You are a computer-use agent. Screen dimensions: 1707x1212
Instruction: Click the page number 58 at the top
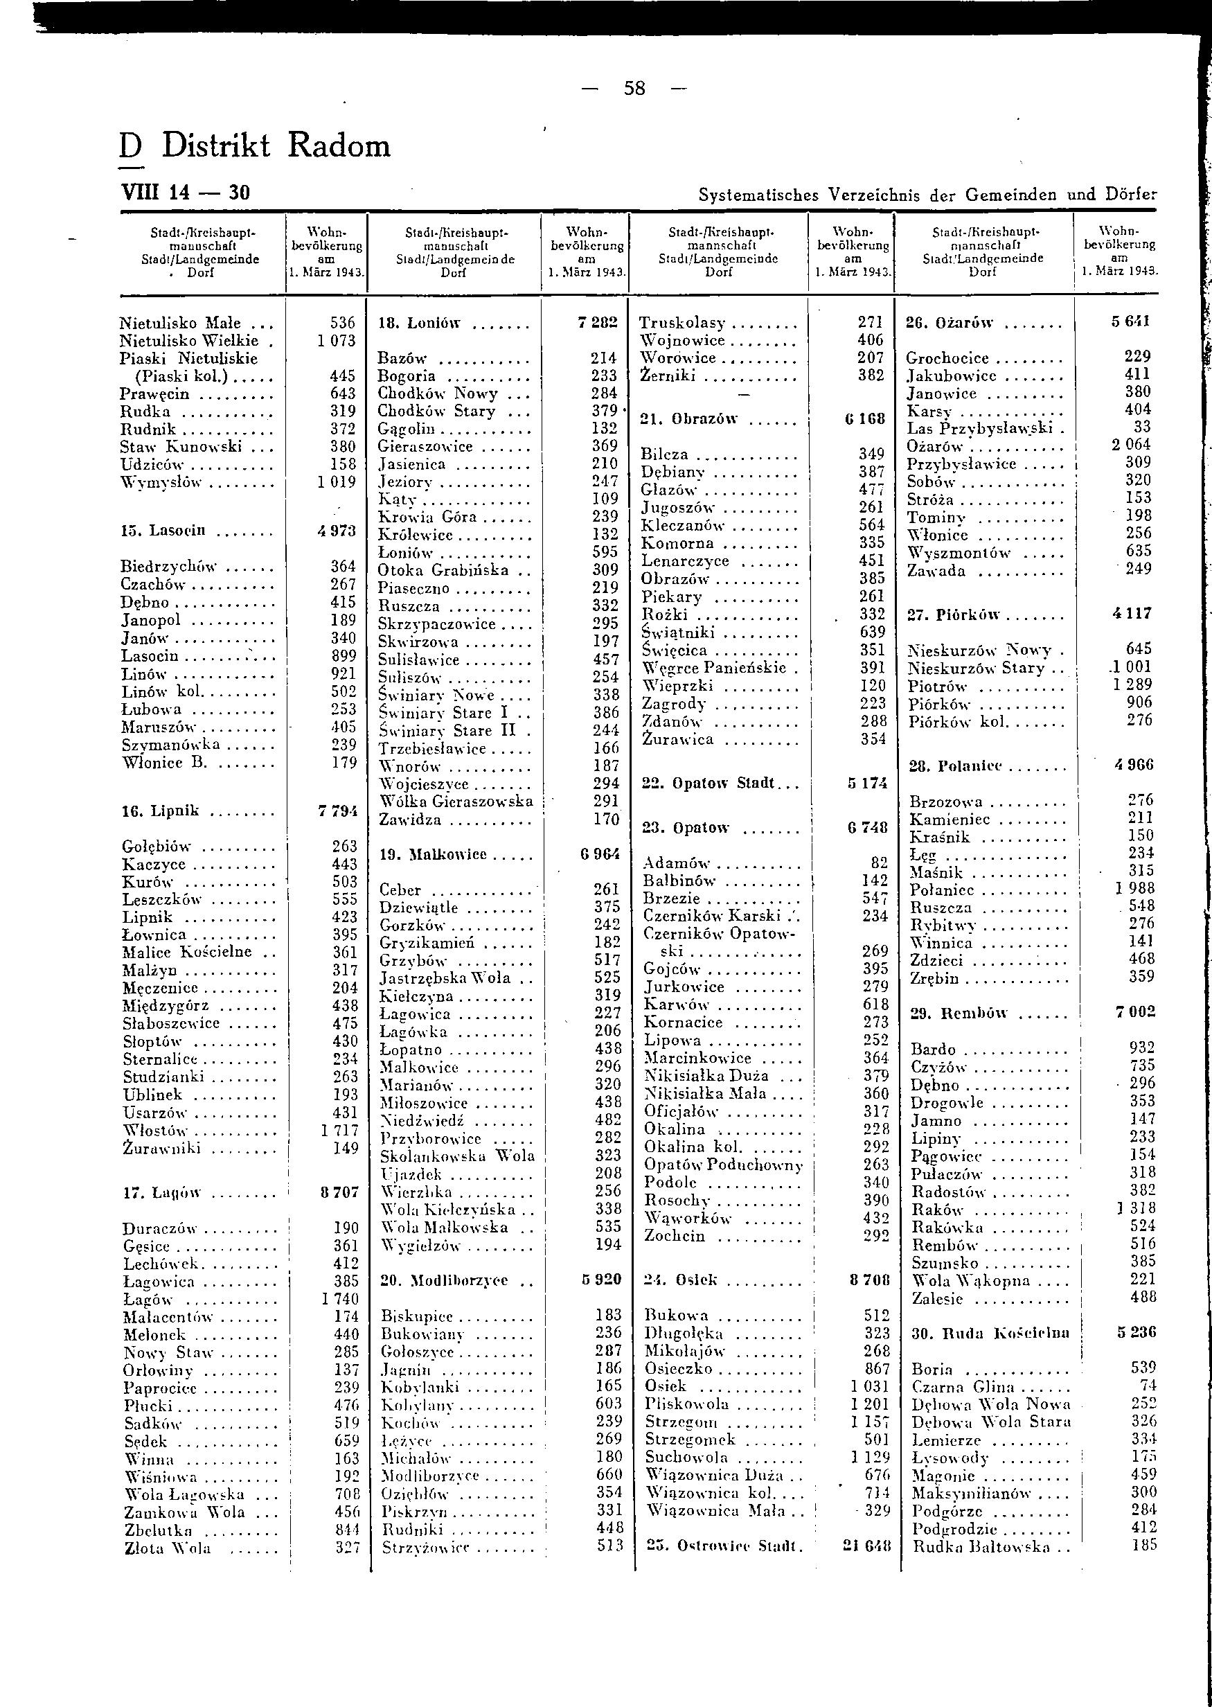click(634, 89)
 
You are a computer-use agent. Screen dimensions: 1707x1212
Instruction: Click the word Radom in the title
click(339, 145)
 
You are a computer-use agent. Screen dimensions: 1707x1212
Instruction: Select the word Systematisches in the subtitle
click(758, 195)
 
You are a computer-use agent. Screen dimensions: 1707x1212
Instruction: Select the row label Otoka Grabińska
click(443, 570)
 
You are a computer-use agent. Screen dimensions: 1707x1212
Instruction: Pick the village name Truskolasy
click(682, 322)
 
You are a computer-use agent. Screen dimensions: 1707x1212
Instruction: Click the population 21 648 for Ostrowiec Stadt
click(866, 1546)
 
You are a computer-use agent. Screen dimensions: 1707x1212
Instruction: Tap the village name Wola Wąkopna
click(971, 1282)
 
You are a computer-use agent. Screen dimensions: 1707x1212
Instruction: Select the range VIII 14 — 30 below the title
click(185, 193)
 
